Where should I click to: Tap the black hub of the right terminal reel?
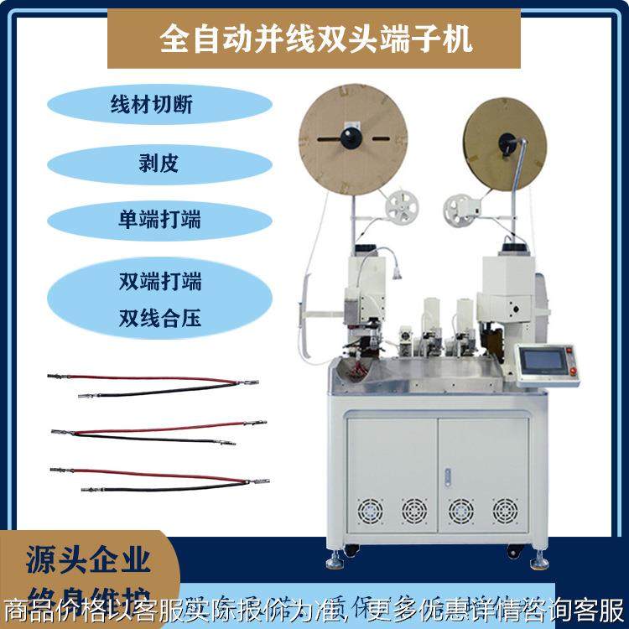(x=505, y=140)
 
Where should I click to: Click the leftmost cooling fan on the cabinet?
(x=367, y=509)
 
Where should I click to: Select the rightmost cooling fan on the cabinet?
(x=503, y=509)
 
